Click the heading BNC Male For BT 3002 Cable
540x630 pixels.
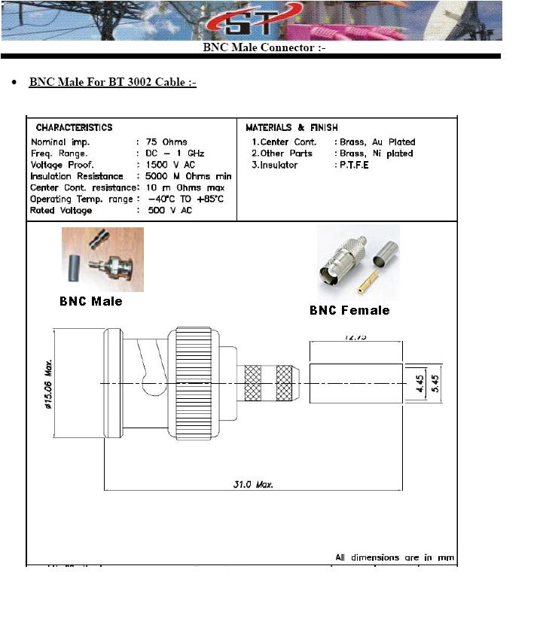pyautogui.click(x=112, y=82)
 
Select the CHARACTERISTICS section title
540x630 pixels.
pyautogui.click(x=74, y=128)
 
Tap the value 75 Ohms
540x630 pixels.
pyautogui.click(x=166, y=142)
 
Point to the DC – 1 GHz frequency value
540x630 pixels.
pyautogui.click(x=175, y=154)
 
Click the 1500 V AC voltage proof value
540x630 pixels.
pyautogui.click(x=170, y=165)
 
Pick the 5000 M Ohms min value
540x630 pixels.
pyautogui.click(x=188, y=176)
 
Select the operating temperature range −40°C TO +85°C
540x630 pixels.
pyautogui.click(x=186, y=199)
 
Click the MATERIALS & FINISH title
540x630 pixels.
pyautogui.click(x=291, y=128)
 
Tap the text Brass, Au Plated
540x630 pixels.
pyautogui.click(x=377, y=142)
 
